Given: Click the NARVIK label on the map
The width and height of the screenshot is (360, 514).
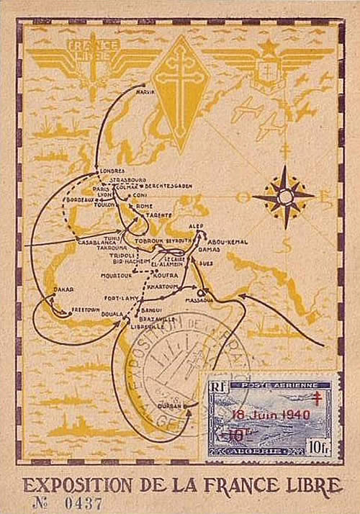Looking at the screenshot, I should (145, 92).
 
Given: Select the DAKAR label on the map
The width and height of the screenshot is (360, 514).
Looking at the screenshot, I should (63, 289).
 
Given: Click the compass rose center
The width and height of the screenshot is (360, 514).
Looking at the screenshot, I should (284, 196).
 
